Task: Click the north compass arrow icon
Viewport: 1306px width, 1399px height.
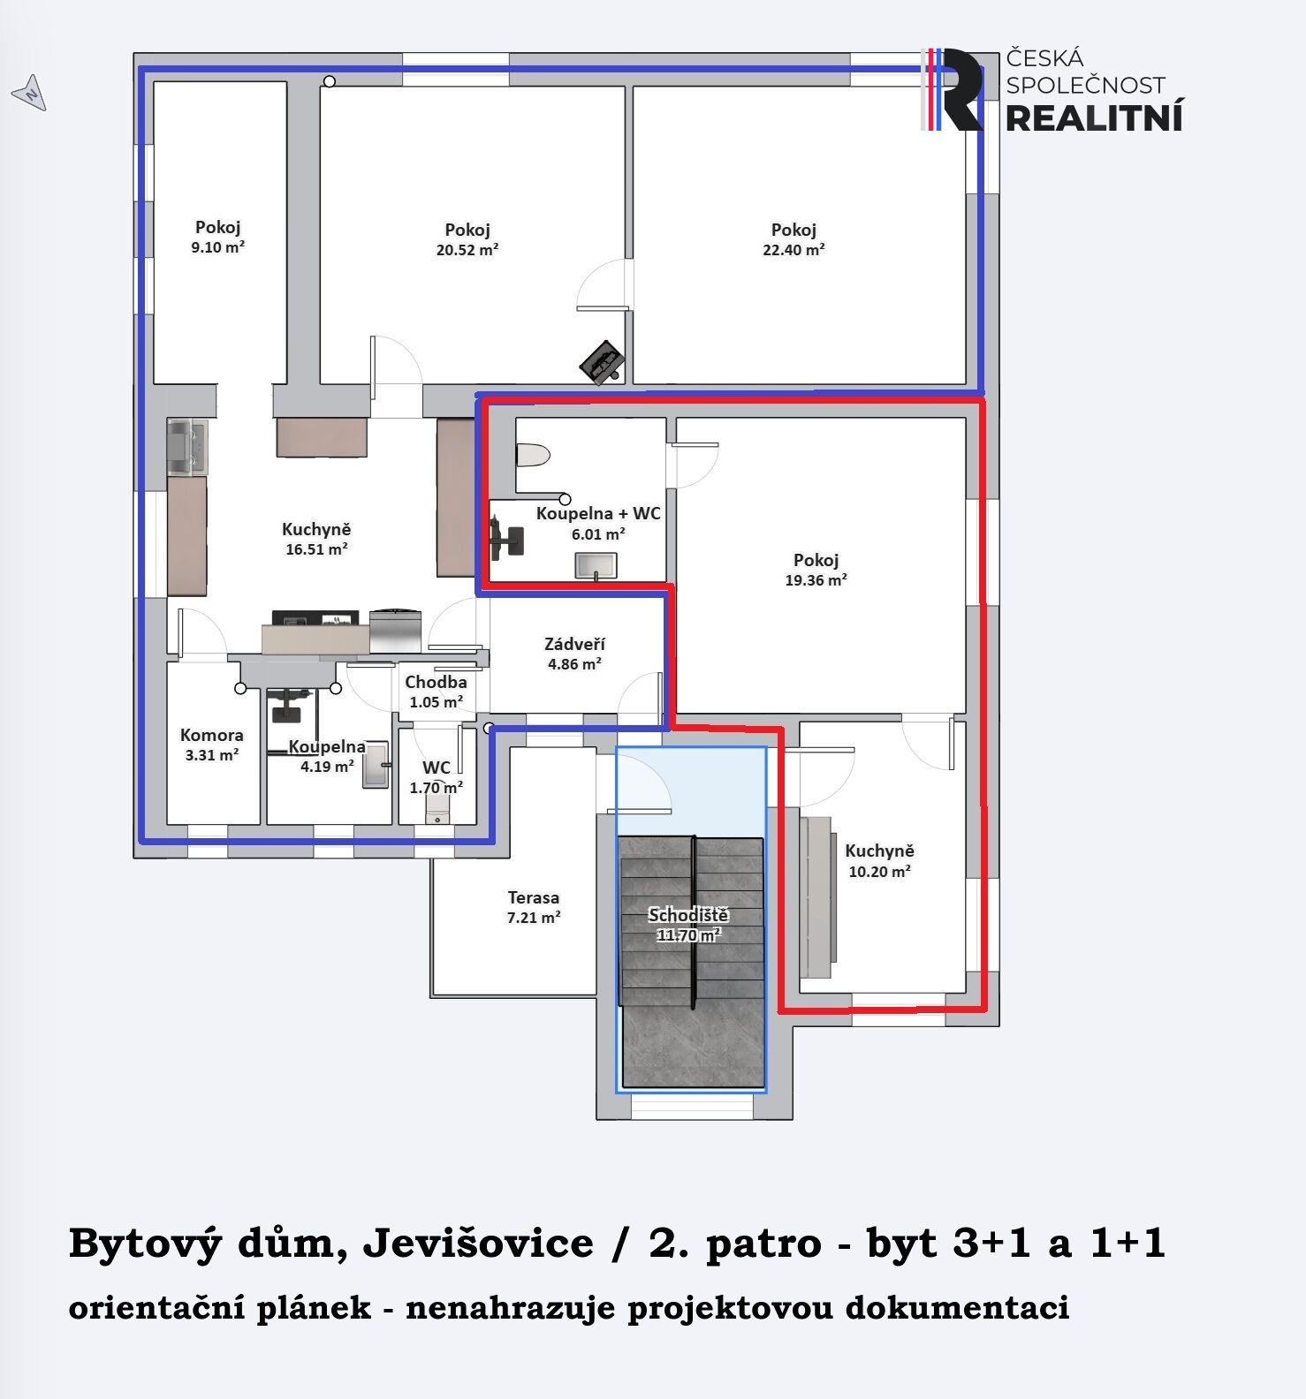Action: tap(29, 92)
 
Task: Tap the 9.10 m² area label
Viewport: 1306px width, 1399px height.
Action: tap(217, 247)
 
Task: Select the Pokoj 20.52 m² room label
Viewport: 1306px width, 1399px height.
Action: tap(467, 239)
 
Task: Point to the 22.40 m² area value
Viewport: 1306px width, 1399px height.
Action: tap(793, 250)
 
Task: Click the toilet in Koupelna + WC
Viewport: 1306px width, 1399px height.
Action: tap(534, 456)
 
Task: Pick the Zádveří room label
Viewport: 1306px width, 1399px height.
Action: tap(574, 644)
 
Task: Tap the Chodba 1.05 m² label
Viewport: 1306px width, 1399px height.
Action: tap(436, 692)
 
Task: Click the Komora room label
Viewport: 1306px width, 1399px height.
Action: tap(211, 735)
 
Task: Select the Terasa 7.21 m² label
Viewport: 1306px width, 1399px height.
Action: tap(533, 907)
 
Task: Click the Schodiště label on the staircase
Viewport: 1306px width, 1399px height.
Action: tap(687, 915)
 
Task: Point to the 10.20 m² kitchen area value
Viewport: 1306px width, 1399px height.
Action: tap(879, 872)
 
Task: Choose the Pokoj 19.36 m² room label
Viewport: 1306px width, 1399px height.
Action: tap(816, 570)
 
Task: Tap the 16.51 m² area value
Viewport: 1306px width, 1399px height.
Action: tap(316, 549)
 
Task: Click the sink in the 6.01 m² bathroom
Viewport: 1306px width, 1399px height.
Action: tap(596, 565)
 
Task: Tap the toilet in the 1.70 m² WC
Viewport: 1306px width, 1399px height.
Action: tap(437, 809)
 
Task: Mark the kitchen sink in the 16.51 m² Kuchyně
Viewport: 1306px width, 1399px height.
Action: tap(187, 446)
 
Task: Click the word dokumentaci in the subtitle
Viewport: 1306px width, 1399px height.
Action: tap(957, 1307)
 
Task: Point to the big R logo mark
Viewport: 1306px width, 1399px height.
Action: tap(953, 90)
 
